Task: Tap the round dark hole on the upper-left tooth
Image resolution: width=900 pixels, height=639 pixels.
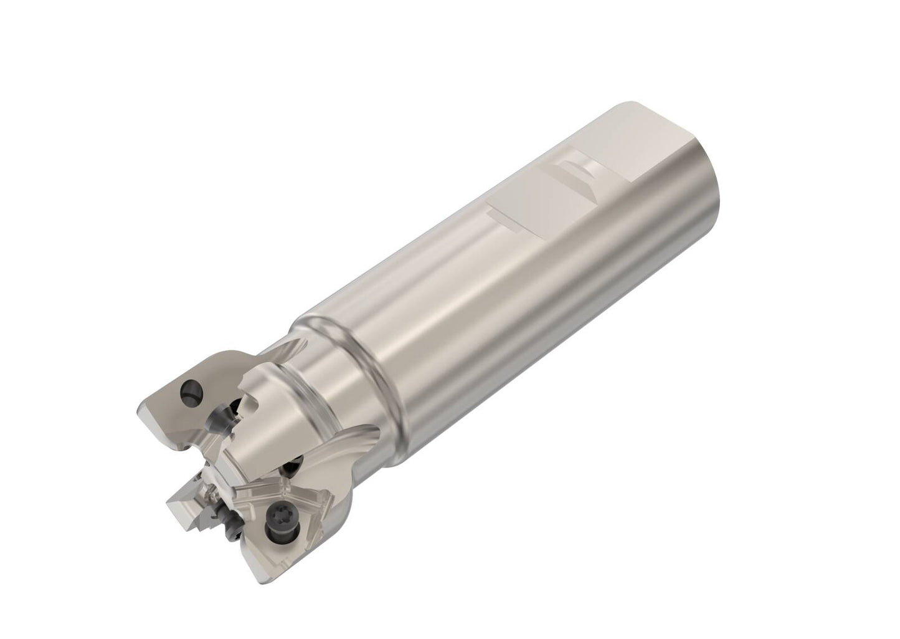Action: [191, 394]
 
